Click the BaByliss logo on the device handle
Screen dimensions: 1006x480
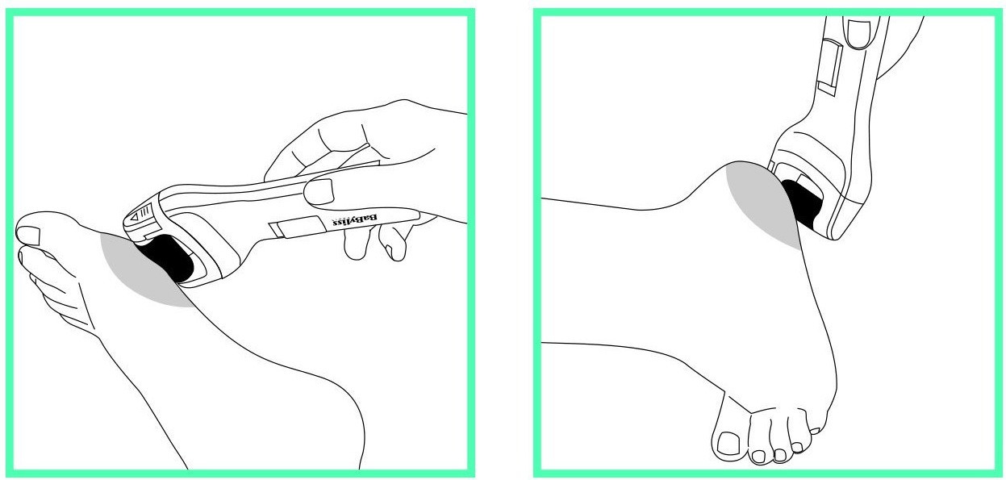(x=354, y=220)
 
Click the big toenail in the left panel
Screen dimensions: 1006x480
(x=28, y=236)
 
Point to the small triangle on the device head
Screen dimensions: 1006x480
(x=135, y=217)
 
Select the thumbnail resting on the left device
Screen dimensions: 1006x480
(x=319, y=192)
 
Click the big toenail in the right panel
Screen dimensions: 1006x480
(x=728, y=443)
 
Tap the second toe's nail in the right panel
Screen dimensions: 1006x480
(x=758, y=457)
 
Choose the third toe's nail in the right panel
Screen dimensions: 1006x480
(x=780, y=455)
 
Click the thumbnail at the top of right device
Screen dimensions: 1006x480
(x=858, y=32)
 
